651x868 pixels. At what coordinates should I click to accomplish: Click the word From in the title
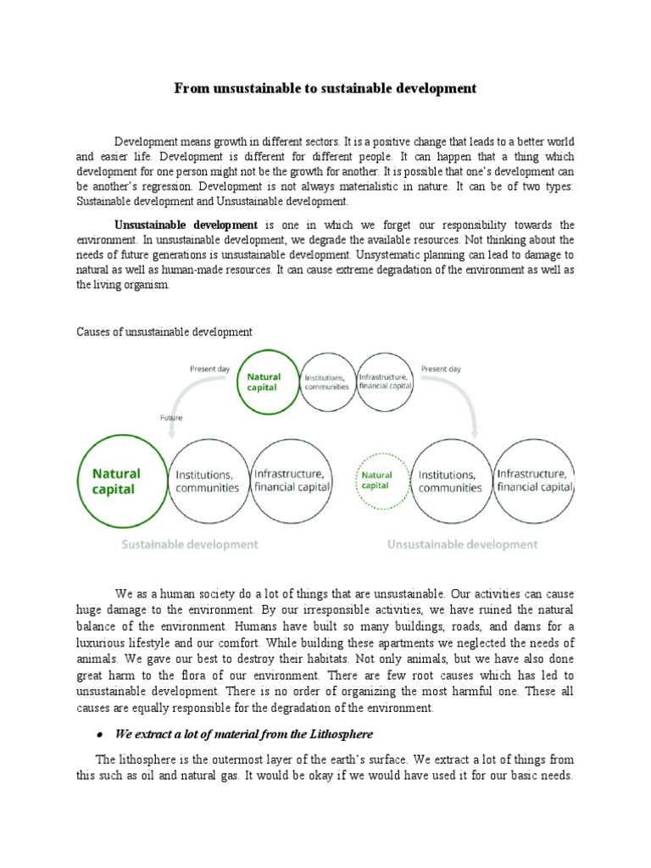[x=192, y=88]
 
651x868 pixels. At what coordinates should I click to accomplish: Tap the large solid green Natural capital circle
[x=120, y=481]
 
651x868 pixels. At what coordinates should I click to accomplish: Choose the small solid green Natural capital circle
[x=264, y=381]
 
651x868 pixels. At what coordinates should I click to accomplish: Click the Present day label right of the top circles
[x=441, y=369]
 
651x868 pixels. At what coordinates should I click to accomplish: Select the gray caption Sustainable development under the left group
[x=191, y=544]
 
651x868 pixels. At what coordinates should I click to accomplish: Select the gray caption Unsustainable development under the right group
[x=462, y=544]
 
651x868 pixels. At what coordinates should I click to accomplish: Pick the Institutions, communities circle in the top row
[x=325, y=381]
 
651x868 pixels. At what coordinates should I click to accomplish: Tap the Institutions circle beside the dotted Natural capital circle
[x=449, y=481]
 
